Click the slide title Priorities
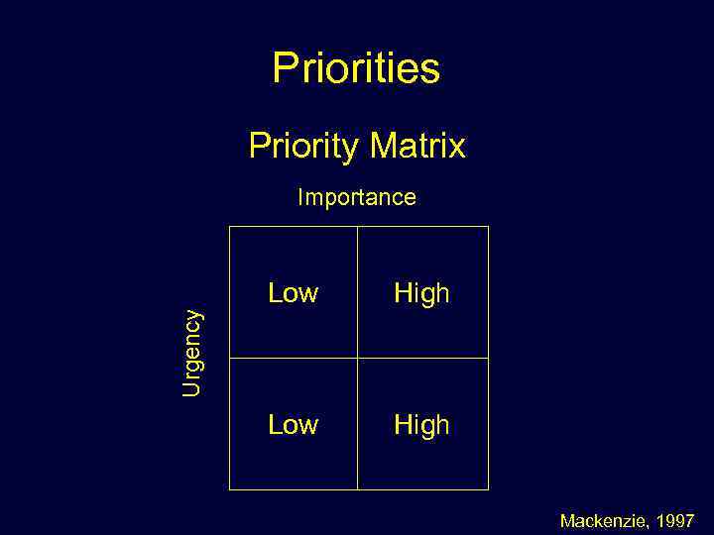tap(356, 69)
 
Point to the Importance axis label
tap(357, 197)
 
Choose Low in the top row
tap(293, 293)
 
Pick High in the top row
tap(421, 293)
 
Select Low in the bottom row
tap(293, 425)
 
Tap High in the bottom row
tap(421, 425)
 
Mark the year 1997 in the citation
tap(675, 520)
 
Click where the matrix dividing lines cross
tap(357, 358)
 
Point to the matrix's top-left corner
tap(230, 227)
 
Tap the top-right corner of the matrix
tap(488, 227)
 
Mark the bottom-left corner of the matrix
tap(230, 489)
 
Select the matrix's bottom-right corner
tap(488, 489)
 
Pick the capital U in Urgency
tap(191, 388)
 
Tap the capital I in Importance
tap(300, 197)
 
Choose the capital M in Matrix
tap(384, 147)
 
